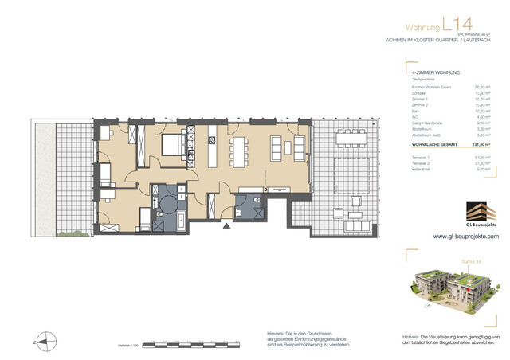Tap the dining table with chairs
241,147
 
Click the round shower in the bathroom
168,204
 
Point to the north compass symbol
45,341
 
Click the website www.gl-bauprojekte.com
465,237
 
